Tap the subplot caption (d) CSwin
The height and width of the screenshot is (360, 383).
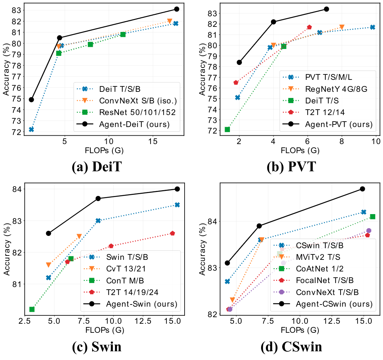[x=291, y=347]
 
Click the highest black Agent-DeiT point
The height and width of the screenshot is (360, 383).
[x=177, y=9]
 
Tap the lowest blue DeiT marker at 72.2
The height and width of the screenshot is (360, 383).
[x=32, y=130]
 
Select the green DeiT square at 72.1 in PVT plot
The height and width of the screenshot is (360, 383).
[x=227, y=130]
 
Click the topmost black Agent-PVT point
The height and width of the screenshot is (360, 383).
[x=326, y=9]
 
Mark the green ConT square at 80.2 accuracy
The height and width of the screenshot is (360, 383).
[x=32, y=309]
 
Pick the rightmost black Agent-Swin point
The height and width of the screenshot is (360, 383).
[x=177, y=189]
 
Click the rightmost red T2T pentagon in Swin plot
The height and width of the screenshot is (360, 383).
[x=172, y=233]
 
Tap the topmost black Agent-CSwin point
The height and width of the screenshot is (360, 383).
[x=362, y=189]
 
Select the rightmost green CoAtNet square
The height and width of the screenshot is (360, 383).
[x=372, y=217]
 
